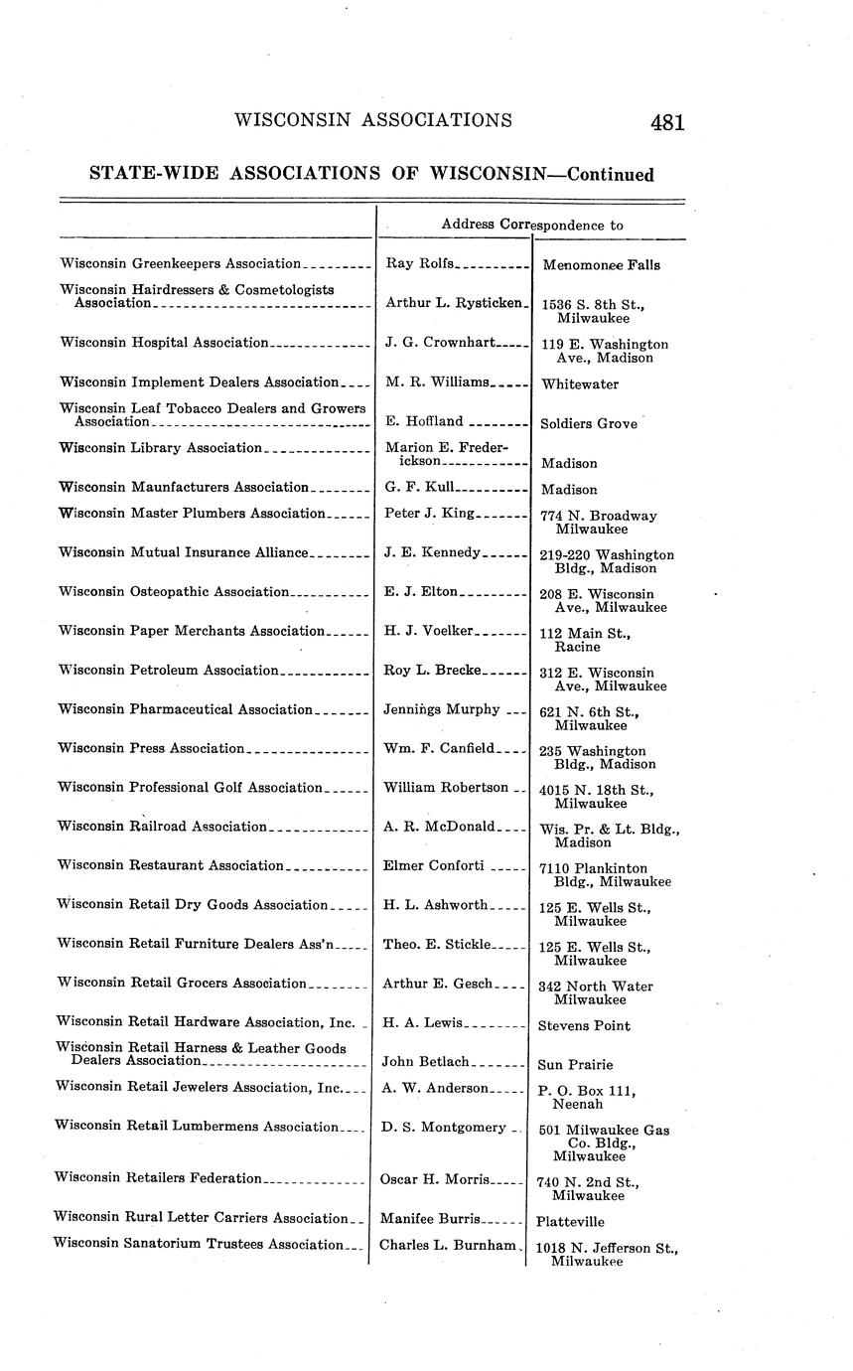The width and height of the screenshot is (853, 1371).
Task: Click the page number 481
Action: coord(667,123)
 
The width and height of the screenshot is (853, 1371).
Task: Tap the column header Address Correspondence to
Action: coord(532,225)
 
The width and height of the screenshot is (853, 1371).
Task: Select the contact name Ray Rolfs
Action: coord(419,263)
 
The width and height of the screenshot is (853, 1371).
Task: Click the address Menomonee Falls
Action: coord(601,265)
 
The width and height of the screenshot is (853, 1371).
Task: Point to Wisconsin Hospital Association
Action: coord(164,343)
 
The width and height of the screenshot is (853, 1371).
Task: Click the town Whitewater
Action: coord(579,383)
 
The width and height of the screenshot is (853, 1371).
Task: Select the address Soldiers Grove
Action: coord(589,423)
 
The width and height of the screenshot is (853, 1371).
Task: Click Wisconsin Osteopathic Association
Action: coord(173,592)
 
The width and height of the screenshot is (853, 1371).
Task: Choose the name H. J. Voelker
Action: coord(429,631)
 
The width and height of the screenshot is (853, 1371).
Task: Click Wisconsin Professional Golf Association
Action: coord(190,788)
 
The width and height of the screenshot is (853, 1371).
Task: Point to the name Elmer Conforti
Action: coord(433,865)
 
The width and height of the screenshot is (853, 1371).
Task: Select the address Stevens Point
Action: coord(584,1026)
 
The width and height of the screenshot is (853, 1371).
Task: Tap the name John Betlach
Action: coord(425,1062)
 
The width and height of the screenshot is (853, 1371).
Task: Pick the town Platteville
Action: coord(570,1222)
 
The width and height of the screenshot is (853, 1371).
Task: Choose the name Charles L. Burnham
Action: coord(448,1245)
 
